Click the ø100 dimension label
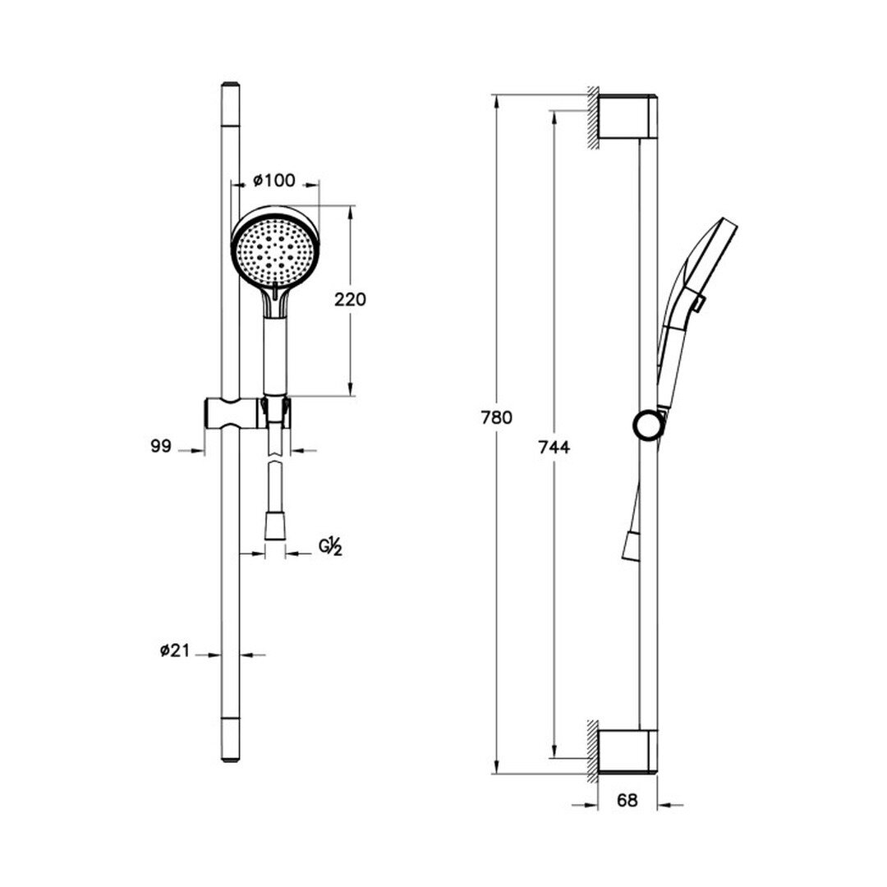tap(274, 181)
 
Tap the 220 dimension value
tap(350, 299)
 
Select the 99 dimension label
tap(161, 446)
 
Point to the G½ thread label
tap(331, 546)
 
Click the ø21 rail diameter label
tap(174, 651)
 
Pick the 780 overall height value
tap(497, 417)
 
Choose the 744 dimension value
tap(554, 448)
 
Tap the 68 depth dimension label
tap(627, 801)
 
